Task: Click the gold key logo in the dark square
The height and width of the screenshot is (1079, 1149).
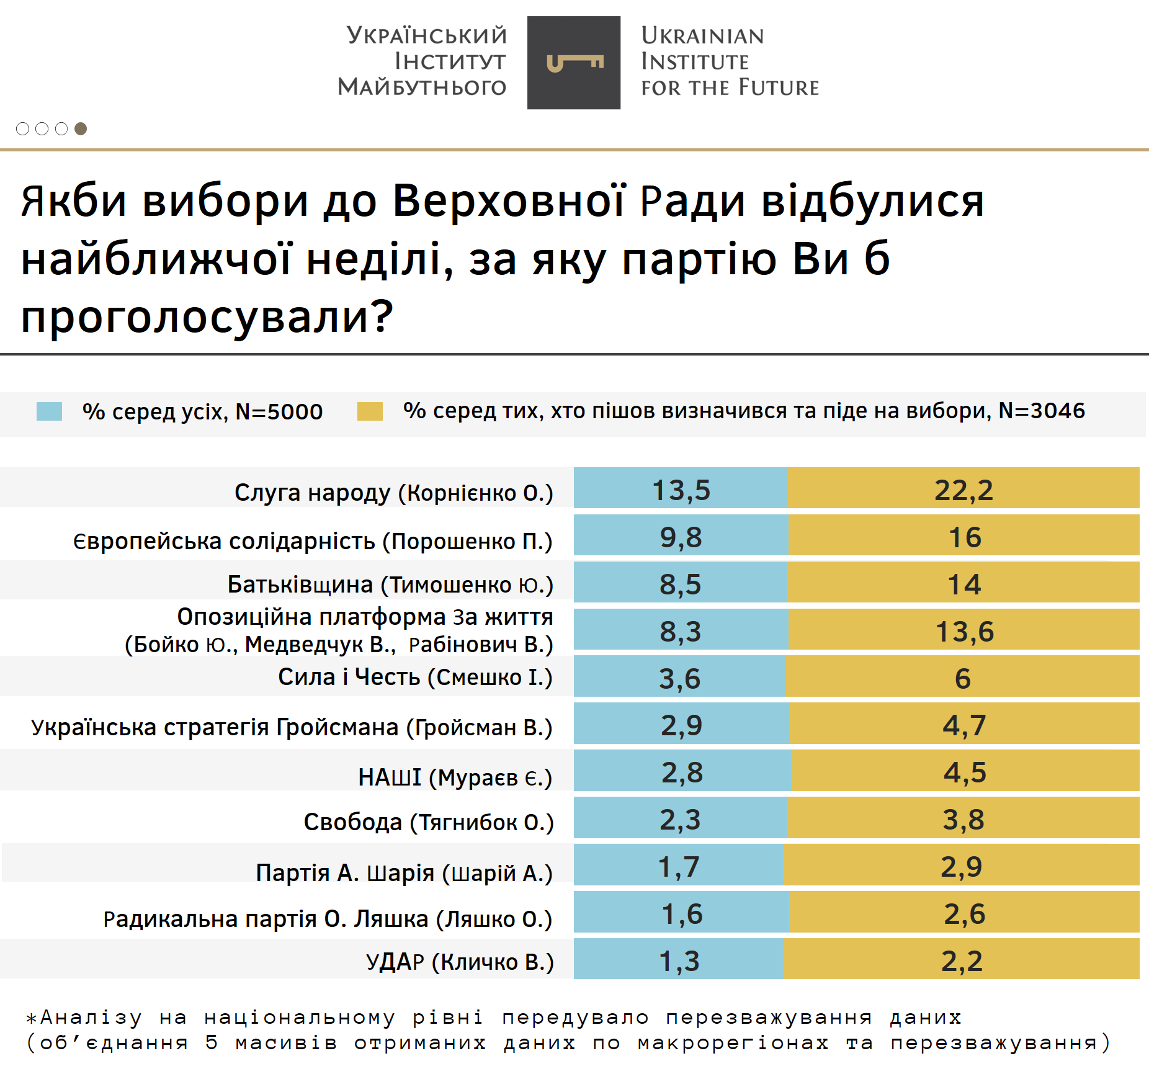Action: (x=574, y=63)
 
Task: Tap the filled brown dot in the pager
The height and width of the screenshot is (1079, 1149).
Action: (x=81, y=128)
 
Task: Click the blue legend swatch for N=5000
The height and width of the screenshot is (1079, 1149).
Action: (x=49, y=411)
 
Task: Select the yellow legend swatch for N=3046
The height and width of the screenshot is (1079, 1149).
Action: (x=370, y=411)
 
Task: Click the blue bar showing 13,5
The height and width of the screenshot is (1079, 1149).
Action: (x=681, y=490)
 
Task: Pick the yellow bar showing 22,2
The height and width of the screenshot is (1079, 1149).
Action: (x=963, y=490)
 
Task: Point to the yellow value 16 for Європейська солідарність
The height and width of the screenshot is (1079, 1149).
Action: (x=965, y=537)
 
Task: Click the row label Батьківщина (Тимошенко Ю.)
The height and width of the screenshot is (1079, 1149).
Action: (x=390, y=584)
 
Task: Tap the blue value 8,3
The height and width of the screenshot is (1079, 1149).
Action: (x=680, y=631)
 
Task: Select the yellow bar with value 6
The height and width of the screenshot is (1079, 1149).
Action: (x=962, y=678)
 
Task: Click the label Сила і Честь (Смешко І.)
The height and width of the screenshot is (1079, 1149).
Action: (x=415, y=677)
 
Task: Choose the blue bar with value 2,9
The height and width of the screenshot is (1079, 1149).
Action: (x=681, y=725)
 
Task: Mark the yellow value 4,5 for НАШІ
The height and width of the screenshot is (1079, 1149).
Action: (x=965, y=772)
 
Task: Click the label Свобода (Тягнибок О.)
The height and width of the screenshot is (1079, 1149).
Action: (x=429, y=822)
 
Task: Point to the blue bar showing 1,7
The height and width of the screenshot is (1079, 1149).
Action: (x=678, y=866)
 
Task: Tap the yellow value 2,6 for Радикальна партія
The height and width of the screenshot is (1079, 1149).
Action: (x=964, y=913)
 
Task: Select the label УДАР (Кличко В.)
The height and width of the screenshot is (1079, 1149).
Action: (x=460, y=962)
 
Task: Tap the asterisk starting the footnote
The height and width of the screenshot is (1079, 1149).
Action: (x=31, y=1019)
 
